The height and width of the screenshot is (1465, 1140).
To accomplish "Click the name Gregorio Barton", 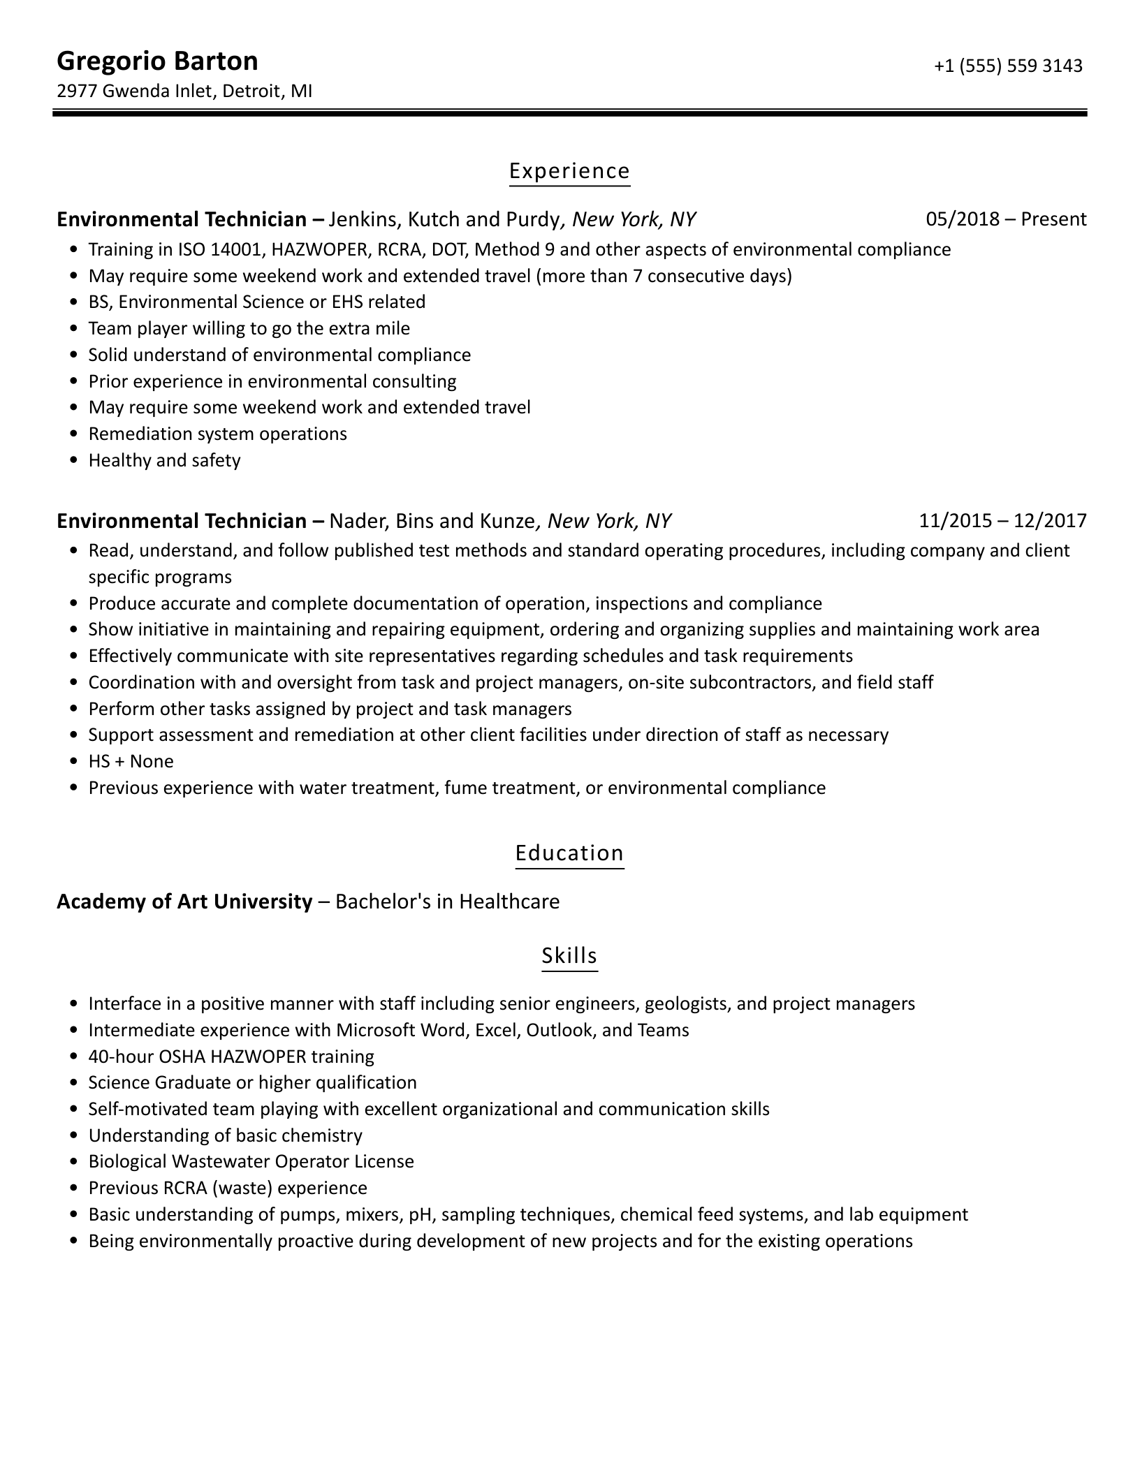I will [x=157, y=61].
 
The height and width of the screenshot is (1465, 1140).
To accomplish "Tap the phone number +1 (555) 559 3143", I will [x=1007, y=66].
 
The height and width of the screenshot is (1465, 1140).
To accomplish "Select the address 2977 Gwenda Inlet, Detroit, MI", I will [x=184, y=91].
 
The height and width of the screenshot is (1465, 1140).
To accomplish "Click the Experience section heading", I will [x=569, y=171].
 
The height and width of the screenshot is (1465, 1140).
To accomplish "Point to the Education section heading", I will [x=569, y=853].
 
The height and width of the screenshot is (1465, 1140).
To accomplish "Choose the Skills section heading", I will [x=569, y=955].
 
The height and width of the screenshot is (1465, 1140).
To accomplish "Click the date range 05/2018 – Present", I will [x=1006, y=219].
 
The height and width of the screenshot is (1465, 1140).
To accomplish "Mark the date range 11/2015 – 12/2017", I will [x=1002, y=521].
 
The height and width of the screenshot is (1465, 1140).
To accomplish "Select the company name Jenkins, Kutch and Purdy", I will [x=444, y=219].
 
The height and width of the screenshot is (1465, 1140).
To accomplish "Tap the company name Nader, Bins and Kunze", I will [x=432, y=521].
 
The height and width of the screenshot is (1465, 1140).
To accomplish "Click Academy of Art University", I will [x=184, y=901].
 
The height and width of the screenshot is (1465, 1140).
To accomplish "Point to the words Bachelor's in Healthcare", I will [x=448, y=901].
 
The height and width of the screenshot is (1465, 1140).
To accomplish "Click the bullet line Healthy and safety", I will [x=164, y=460].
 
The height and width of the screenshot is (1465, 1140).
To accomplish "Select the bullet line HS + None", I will [x=131, y=761].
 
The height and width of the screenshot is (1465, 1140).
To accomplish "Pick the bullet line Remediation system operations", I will [x=217, y=434].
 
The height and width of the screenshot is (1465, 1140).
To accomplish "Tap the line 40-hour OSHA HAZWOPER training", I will [x=231, y=1057].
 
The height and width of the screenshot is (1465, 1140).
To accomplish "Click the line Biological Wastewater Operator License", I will [x=251, y=1161].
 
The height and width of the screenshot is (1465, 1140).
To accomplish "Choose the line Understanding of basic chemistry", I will [x=225, y=1135].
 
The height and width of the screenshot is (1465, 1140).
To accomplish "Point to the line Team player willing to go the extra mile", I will [x=249, y=328].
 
